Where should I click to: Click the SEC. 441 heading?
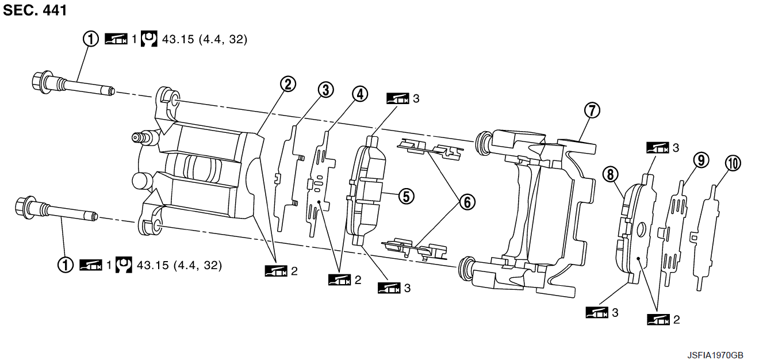(35, 10)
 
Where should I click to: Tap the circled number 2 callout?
(288, 84)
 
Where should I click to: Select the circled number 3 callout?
(325, 90)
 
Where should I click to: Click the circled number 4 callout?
(360, 94)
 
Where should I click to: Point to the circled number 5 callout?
(407, 196)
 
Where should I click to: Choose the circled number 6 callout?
(467, 202)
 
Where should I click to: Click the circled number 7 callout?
(592, 110)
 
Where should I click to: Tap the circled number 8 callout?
(611, 175)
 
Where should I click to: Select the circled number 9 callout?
(701, 160)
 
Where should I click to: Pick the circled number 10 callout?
(733, 164)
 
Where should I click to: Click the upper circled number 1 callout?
(91, 39)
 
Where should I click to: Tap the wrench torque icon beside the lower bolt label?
(124, 265)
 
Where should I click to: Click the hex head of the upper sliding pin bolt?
(41, 82)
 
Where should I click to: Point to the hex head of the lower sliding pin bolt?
(24, 207)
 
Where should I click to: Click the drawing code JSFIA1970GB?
(715, 355)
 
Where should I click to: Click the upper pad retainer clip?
(430, 148)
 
